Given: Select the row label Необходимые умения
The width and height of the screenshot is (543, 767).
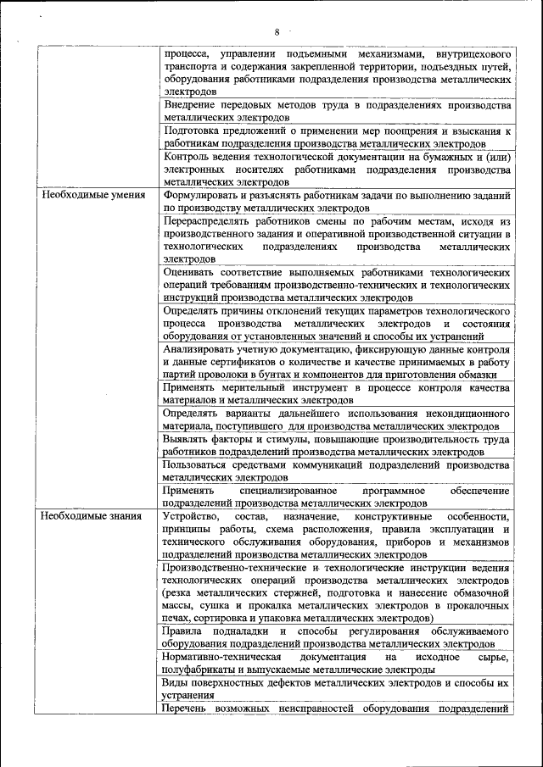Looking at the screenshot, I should pos(86,195).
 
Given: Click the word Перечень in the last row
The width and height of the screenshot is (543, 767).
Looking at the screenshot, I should pos(188,709).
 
